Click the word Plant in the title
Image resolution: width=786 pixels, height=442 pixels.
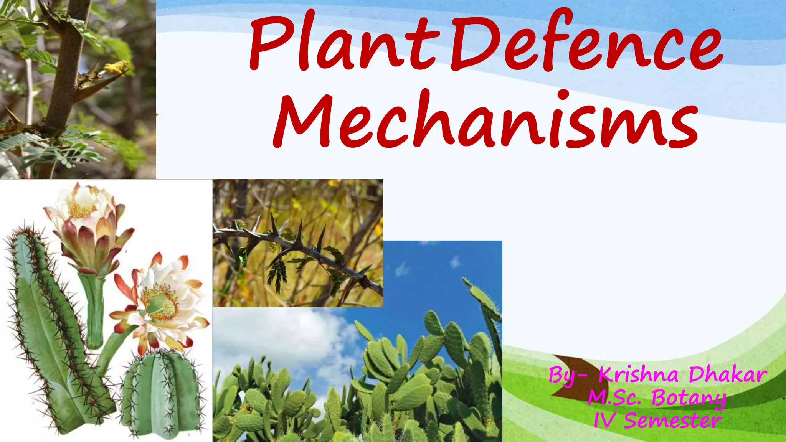[x=342, y=44]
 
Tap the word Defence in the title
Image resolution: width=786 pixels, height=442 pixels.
[x=585, y=44]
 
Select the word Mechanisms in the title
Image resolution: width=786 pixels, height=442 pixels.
[x=485, y=121]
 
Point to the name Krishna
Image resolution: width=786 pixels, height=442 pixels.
[x=639, y=375]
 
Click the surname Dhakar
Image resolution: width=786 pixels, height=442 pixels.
[x=728, y=375]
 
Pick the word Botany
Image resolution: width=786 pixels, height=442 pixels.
[x=689, y=398]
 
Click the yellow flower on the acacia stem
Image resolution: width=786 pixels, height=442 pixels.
[x=117, y=68]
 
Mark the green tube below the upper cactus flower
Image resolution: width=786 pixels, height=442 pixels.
[x=94, y=307]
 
